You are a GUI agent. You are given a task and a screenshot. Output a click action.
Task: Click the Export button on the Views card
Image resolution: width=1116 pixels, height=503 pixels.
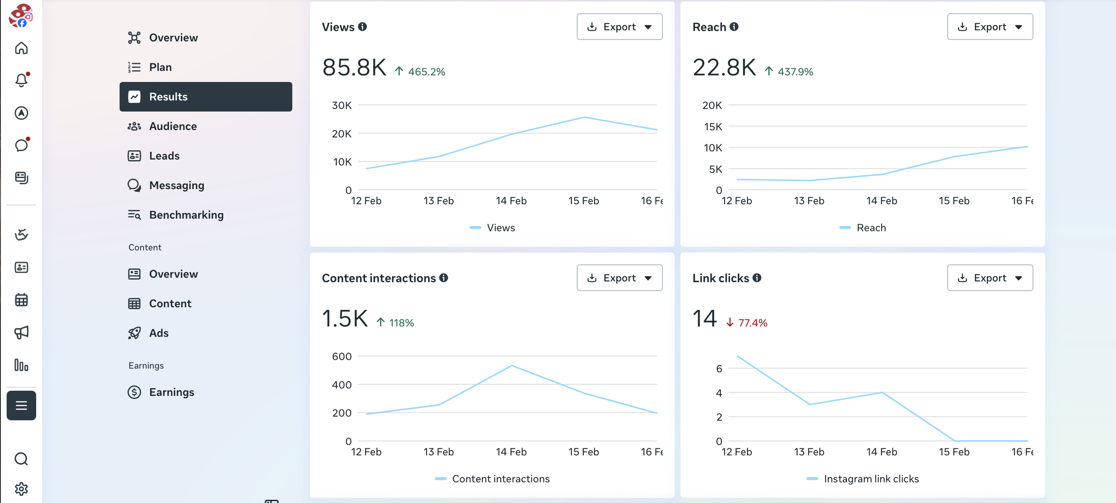click(x=619, y=27)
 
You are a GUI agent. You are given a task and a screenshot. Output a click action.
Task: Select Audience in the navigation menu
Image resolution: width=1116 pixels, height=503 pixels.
click(x=173, y=126)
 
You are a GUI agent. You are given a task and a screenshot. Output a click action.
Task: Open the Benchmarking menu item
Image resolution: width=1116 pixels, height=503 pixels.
click(x=186, y=215)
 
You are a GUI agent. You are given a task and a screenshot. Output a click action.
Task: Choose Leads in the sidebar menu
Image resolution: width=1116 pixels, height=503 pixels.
click(x=164, y=156)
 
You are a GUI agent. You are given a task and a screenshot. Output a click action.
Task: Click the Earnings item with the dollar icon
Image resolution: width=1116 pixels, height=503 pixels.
click(x=171, y=392)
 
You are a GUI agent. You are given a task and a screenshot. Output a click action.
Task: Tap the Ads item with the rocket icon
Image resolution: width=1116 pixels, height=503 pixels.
click(x=158, y=333)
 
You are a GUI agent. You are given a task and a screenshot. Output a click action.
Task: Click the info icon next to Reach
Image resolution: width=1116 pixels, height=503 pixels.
click(x=734, y=27)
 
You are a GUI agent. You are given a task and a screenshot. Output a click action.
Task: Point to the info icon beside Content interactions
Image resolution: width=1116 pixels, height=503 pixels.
click(x=443, y=278)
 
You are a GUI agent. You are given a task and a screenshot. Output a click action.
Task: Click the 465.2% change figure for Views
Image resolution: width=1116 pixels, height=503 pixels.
click(x=426, y=72)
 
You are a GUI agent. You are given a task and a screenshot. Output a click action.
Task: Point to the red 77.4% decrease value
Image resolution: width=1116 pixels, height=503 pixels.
click(x=753, y=323)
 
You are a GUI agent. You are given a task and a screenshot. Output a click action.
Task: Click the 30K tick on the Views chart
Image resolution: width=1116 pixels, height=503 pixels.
click(x=342, y=105)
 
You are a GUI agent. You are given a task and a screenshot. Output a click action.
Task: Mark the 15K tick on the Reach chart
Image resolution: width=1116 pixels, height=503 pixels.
click(x=713, y=127)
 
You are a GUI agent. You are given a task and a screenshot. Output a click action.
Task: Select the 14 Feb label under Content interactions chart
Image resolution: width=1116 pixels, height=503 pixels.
click(x=511, y=452)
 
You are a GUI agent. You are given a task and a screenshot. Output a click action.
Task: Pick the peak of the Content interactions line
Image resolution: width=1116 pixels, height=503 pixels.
click(x=512, y=366)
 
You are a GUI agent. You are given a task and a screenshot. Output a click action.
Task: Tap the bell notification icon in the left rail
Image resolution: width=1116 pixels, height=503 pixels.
click(x=21, y=80)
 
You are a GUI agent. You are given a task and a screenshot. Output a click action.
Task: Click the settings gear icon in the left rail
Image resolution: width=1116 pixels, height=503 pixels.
click(x=21, y=489)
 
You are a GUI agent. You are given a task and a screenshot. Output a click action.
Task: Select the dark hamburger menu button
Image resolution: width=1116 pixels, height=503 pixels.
click(x=21, y=406)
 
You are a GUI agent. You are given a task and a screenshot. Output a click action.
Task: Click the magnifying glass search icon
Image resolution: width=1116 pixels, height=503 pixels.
click(x=21, y=459)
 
